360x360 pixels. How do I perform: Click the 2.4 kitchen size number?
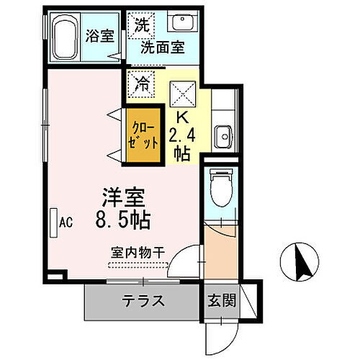[182, 134]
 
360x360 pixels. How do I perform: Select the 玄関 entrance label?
[222, 302]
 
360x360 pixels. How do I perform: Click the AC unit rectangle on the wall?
[54, 222]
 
